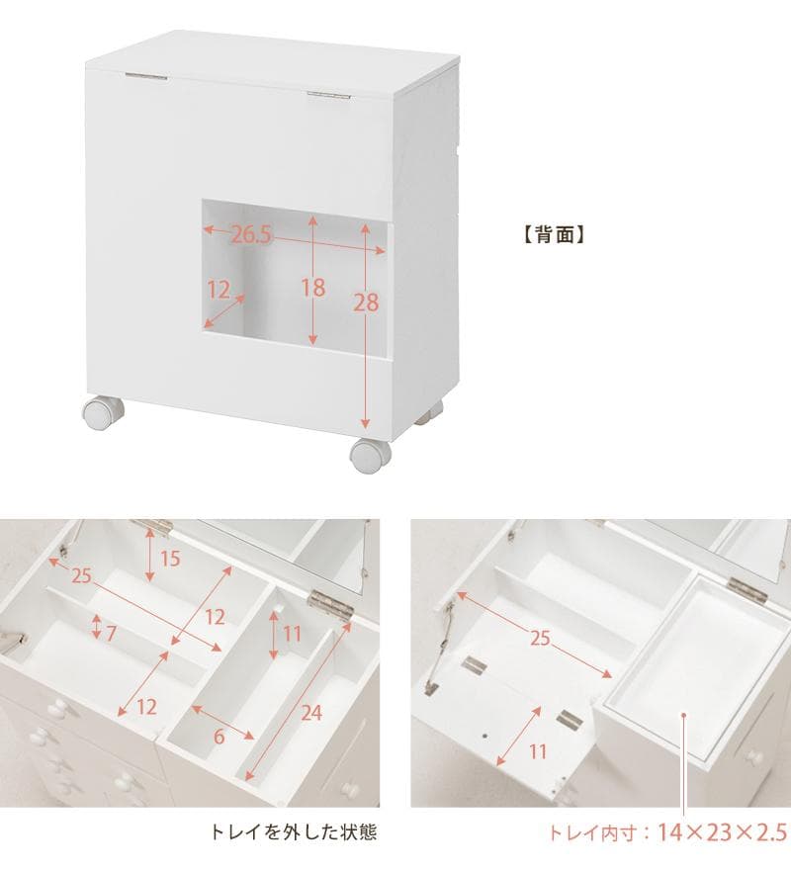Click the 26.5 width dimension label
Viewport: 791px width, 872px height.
point(252,234)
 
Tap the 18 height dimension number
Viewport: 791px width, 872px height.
point(313,288)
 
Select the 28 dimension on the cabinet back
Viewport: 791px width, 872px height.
point(367,303)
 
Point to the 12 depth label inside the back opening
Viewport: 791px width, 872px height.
point(219,290)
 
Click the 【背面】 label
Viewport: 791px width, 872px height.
point(555,235)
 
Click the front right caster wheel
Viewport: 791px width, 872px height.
point(370,456)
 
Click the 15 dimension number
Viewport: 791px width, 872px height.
point(170,559)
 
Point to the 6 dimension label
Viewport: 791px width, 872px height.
point(220,737)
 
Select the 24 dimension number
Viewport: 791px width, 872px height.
point(312,712)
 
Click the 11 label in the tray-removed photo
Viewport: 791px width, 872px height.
point(288,633)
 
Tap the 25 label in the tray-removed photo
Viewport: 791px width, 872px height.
point(81,575)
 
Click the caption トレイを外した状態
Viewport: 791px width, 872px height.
point(294,832)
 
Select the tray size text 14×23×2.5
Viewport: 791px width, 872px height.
point(724,832)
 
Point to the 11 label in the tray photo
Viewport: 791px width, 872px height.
point(537,751)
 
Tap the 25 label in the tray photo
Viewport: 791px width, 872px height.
point(539,639)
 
